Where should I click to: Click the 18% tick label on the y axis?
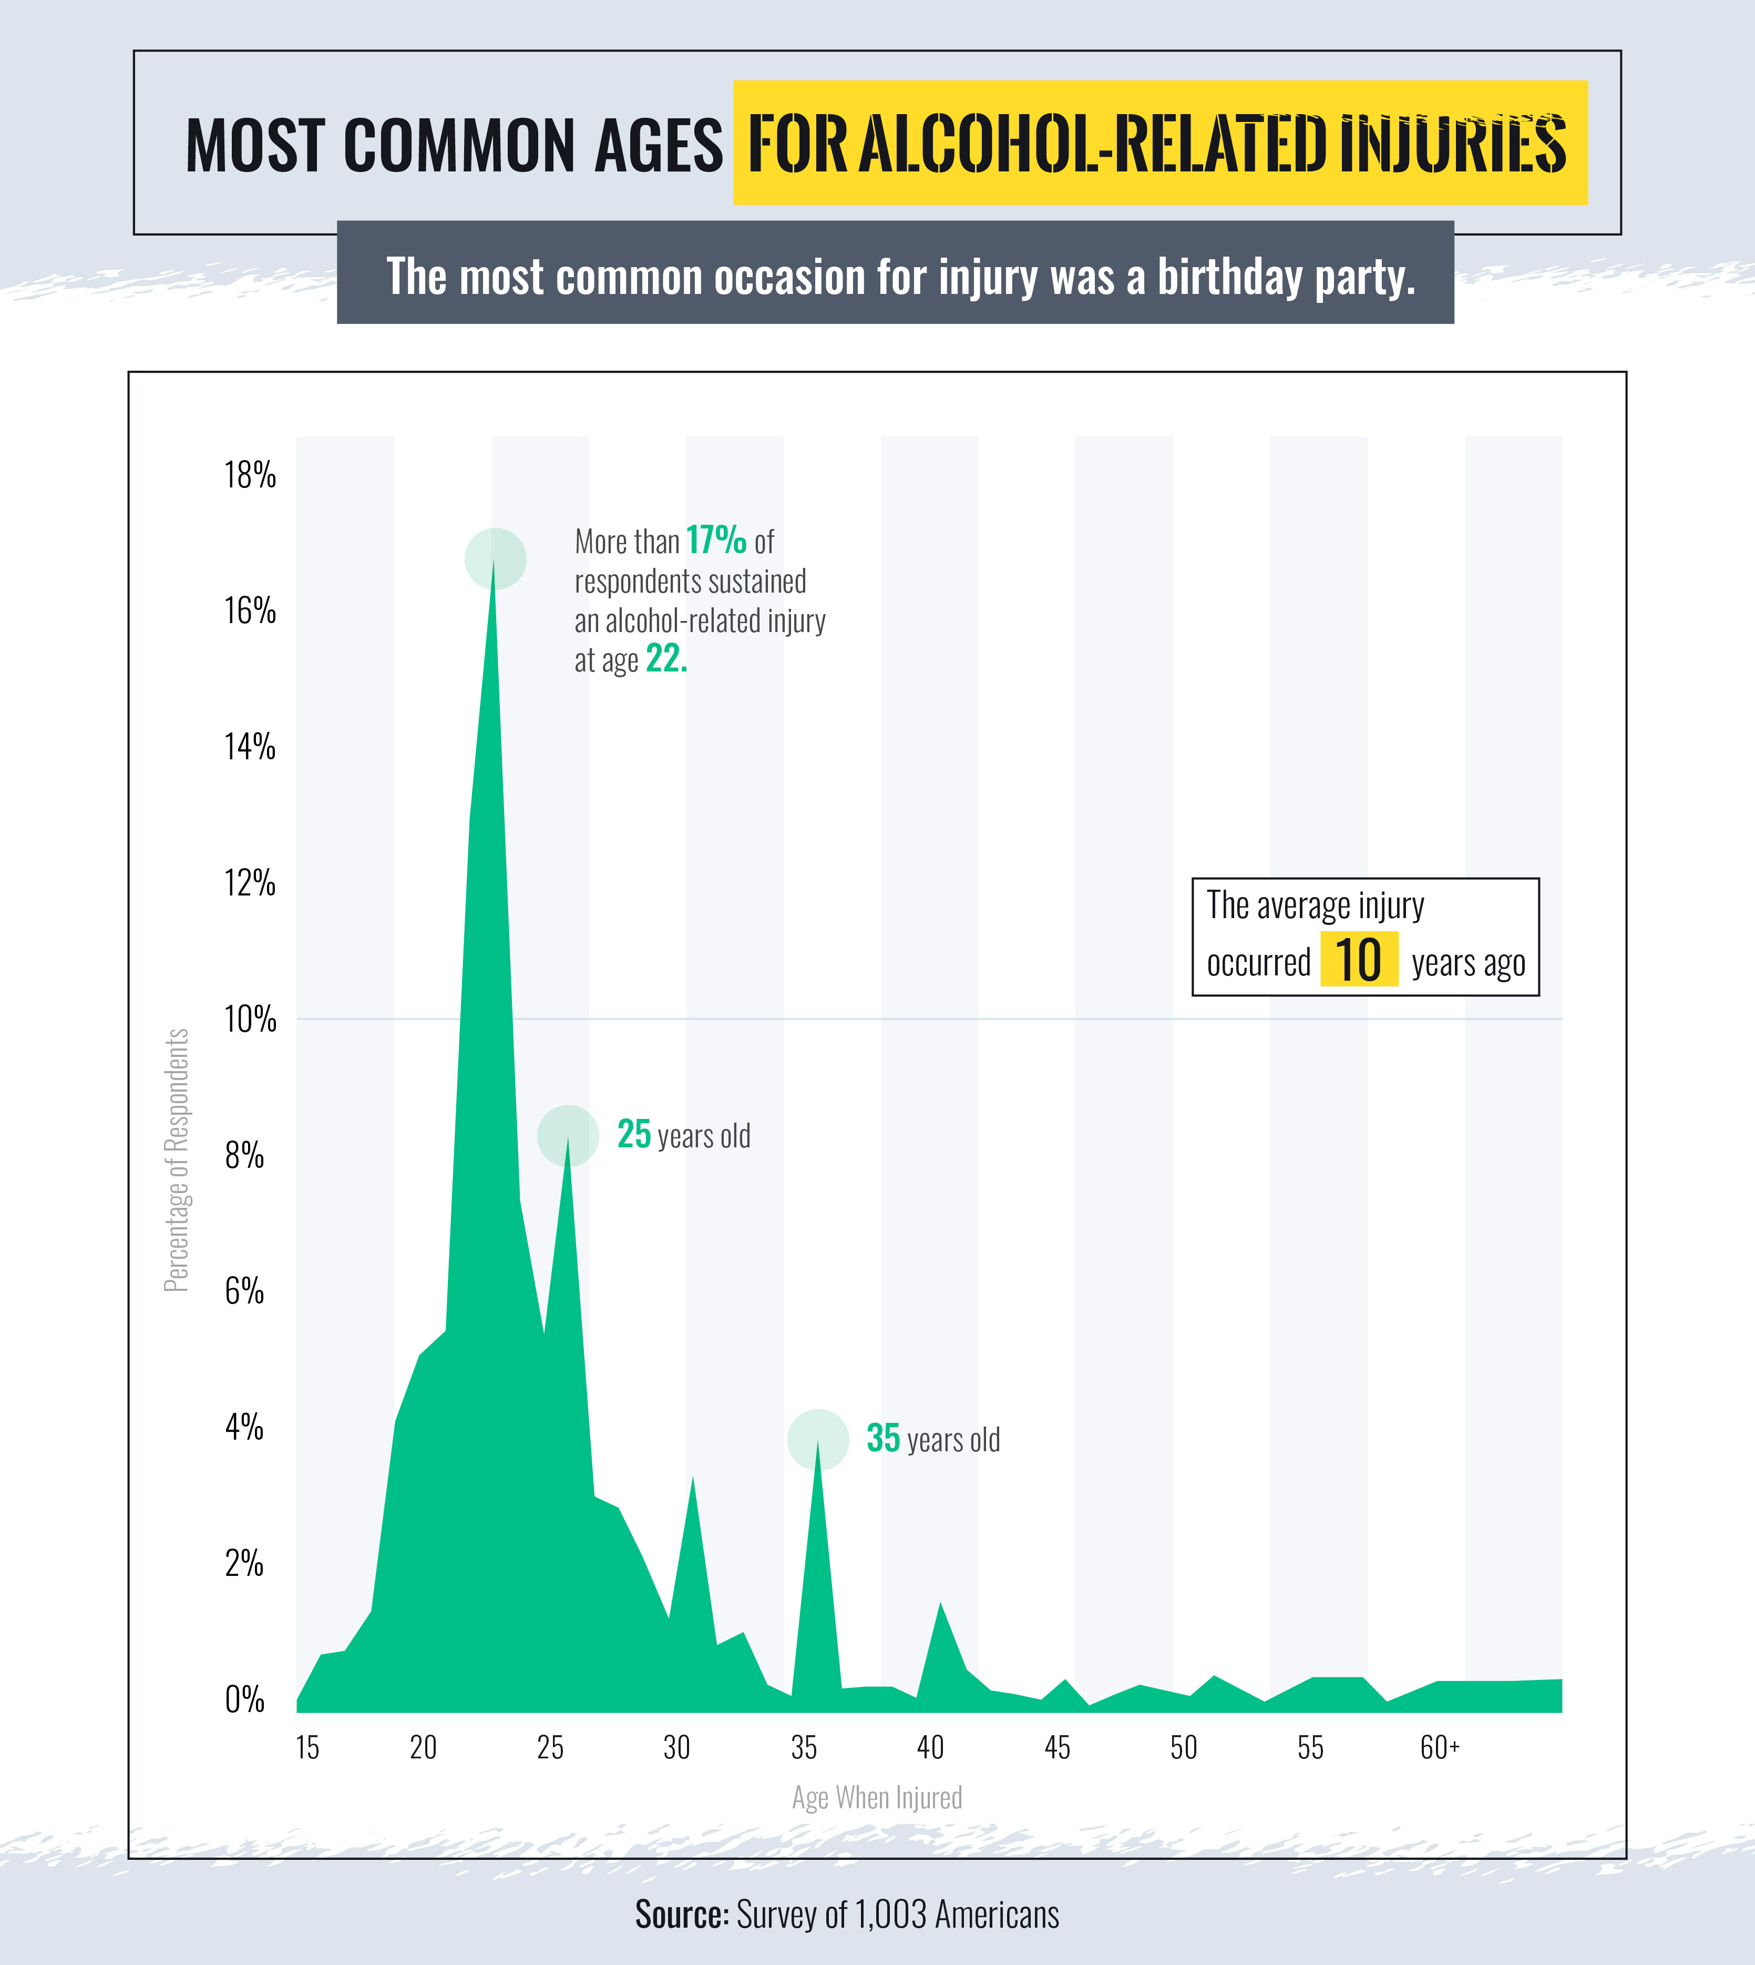(x=250, y=475)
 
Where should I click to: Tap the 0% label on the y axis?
(x=244, y=1699)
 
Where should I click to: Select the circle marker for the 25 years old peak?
(x=568, y=1135)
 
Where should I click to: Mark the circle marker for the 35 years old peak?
(x=818, y=1439)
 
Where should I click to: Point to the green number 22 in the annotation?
(x=665, y=659)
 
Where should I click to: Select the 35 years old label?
(x=932, y=1439)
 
